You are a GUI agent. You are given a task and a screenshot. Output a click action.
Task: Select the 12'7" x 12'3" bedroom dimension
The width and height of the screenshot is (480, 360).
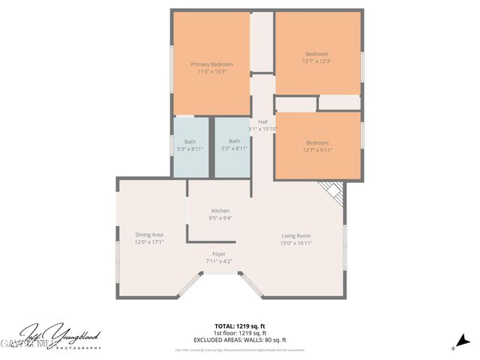[316, 61]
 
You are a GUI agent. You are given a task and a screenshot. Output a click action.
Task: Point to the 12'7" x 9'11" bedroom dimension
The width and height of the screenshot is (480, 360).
[316, 149]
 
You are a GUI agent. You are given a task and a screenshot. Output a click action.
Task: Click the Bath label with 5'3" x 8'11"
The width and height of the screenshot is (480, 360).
[190, 141]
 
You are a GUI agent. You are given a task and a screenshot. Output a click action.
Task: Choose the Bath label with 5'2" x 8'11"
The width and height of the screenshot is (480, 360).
[235, 141]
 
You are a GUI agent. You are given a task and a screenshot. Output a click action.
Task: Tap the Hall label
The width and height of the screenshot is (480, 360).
[262, 121]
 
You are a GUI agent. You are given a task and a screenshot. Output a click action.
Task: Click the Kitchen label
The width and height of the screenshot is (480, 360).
[220, 211]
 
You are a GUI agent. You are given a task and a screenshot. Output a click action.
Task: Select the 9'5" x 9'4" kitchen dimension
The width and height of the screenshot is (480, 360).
[220, 218]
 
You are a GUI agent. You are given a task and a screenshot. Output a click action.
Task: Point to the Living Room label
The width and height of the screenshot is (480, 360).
[296, 235]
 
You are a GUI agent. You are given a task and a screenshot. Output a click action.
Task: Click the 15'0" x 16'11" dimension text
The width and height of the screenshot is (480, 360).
[296, 243]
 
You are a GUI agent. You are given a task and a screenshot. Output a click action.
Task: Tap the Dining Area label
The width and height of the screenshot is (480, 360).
[149, 235]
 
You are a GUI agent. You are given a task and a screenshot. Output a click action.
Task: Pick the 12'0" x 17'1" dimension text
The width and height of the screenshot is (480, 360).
[149, 242]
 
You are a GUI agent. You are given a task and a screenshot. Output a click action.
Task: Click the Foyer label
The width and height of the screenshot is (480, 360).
[219, 254]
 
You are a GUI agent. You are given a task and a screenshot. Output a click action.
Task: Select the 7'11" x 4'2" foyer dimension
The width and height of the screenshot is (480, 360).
[219, 261]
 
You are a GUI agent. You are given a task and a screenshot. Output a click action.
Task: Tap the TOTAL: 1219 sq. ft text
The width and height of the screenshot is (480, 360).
[240, 326]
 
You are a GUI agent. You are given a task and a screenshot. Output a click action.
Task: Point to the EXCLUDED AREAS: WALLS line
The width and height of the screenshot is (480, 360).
[240, 340]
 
